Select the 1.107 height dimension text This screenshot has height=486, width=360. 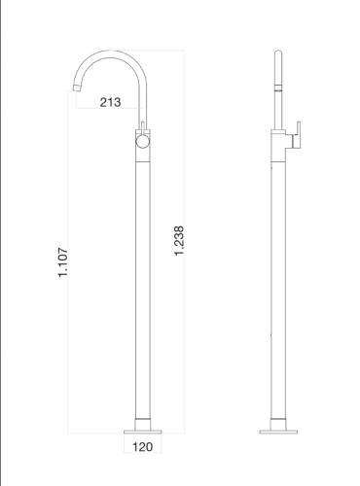(x=64, y=262)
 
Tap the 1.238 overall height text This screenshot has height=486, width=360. (x=179, y=241)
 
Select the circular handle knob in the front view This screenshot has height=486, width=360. (x=142, y=142)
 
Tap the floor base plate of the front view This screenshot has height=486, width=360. (x=143, y=427)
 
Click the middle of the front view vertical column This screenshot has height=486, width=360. (x=143, y=282)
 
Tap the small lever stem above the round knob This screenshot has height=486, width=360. (x=143, y=126)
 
